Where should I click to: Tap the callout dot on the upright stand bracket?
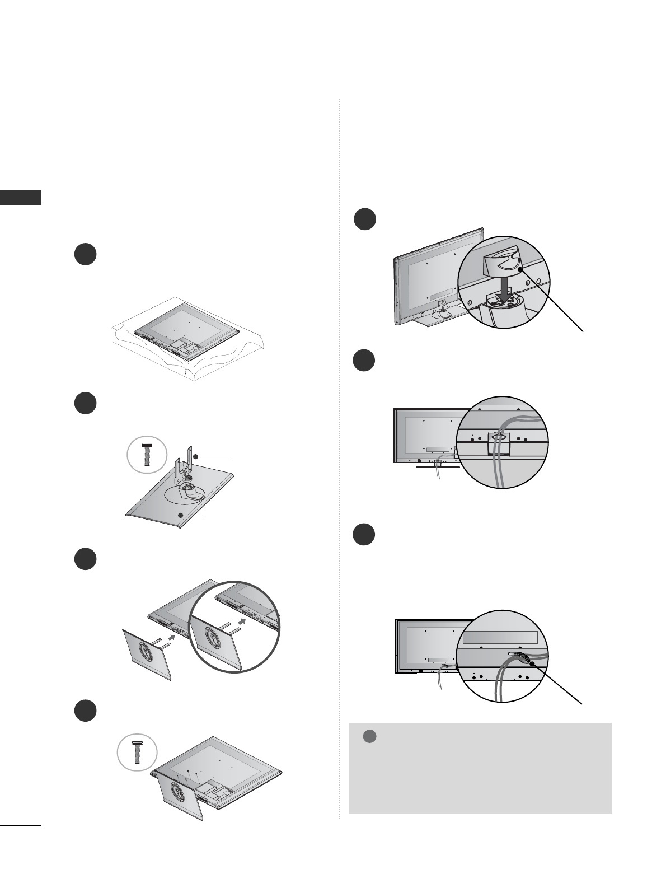point(195,457)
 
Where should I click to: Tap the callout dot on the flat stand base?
point(180,514)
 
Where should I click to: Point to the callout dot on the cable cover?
point(521,269)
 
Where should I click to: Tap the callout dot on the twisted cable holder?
point(530,663)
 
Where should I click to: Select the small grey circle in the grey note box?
point(369,737)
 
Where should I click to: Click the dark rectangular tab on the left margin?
point(20,198)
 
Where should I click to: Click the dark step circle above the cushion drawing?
point(86,255)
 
